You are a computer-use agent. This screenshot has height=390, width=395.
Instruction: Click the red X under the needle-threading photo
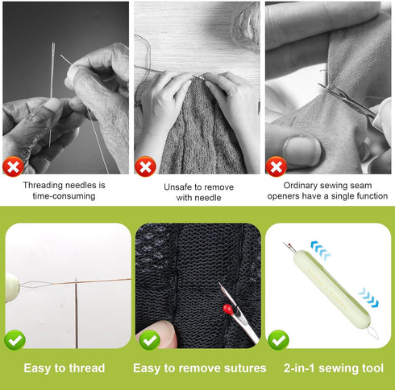point(12,166)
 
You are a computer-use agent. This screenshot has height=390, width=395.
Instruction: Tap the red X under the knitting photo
point(144,166)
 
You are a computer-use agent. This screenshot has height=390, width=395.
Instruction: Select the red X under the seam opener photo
point(276,166)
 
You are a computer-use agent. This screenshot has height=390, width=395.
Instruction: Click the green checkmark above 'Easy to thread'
point(15,340)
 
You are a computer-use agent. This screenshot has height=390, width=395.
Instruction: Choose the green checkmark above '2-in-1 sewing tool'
point(279,340)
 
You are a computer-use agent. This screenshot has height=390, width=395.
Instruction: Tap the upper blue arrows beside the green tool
point(320,252)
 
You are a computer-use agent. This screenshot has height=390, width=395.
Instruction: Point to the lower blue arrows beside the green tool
point(368,298)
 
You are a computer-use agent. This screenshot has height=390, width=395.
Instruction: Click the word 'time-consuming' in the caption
point(64,196)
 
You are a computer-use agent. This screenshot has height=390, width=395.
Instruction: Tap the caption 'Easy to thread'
point(64,368)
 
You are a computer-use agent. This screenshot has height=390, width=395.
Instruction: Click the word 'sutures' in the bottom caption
point(241,368)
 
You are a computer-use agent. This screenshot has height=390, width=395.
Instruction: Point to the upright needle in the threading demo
point(76,310)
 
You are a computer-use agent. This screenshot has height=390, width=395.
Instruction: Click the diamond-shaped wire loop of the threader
point(40,285)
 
